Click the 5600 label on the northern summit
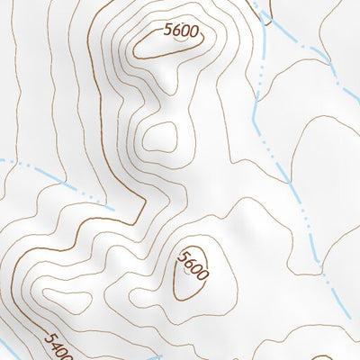(181, 30)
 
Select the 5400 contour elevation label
(54, 345)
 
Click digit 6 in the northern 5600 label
(176, 29)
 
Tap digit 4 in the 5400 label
(51, 343)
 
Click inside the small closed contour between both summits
(160, 137)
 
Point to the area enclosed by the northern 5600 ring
(166, 47)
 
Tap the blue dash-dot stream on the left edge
(54, 180)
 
